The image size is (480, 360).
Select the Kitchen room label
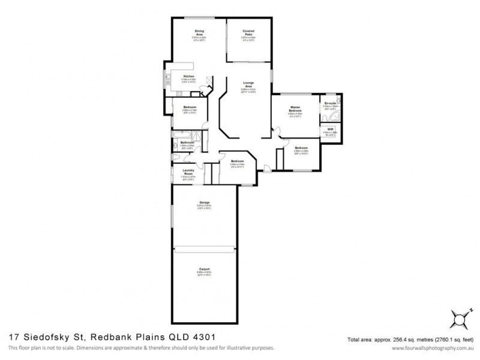(189, 76)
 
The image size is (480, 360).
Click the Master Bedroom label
(295, 109)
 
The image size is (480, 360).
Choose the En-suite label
(329, 104)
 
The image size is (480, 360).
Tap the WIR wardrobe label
(329, 128)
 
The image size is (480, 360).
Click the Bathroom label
(187, 142)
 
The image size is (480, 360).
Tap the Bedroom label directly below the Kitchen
(188, 107)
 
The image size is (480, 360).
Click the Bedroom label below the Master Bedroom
(301, 148)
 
